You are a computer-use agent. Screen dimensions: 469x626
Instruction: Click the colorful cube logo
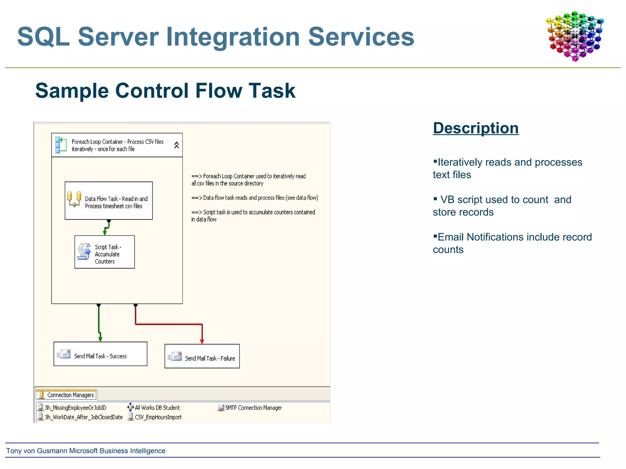pyautogui.click(x=575, y=36)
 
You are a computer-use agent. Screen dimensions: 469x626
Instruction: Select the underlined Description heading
pyautogui.click(x=476, y=128)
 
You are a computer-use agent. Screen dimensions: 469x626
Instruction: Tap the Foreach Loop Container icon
pyautogui.click(x=61, y=145)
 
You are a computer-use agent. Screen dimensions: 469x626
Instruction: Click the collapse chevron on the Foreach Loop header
pyautogui.click(x=176, y=145)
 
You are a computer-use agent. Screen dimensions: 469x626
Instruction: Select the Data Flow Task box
pyautogui.click(x=109, y=201)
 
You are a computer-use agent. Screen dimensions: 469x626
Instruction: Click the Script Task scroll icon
pyautogui.click(x=84, y=252)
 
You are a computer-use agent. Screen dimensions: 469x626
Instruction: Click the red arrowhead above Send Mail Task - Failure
pyautogui.click(x=202, y=341)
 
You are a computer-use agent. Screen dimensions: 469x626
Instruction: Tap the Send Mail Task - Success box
pyautogui.click(x=100, y=354)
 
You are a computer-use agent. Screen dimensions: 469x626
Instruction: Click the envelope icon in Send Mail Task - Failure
pyautogui.click(x=176, y=356)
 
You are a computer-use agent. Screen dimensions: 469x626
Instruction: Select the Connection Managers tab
pyautogui.click(x=66, y=395)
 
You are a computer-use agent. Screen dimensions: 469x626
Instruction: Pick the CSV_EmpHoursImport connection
pyautogui.click(x=158, y=417)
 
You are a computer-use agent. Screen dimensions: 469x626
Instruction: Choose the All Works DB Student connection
pyautogui.click(x=157, y=408)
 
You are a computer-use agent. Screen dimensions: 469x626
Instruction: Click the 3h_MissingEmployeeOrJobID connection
pyautogui.click(x=75, y=408)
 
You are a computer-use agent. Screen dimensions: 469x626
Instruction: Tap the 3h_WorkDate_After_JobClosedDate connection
pyautogui.click(x=83, y=417)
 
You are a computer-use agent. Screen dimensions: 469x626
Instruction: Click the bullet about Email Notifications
pyautogui.click(x=512, y=243)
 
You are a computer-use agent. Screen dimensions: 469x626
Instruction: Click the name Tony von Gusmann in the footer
pyautogui.click(x=37, y=451)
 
